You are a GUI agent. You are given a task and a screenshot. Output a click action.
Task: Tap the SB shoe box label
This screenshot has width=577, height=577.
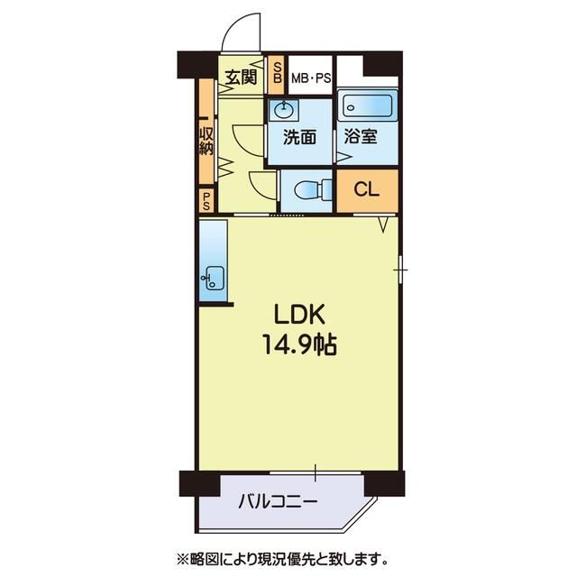coord(278,73)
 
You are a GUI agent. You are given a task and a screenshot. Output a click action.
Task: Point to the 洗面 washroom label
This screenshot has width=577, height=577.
coord(299,138)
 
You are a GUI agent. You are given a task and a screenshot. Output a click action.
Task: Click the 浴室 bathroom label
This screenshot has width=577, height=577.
coord(361,138)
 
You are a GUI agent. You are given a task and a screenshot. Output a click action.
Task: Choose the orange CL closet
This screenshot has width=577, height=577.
coord(366,190)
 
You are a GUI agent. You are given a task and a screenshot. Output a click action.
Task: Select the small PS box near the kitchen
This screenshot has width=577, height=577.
coord(206,200)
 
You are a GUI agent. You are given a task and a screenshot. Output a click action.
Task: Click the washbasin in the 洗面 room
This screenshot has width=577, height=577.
coord(285,110)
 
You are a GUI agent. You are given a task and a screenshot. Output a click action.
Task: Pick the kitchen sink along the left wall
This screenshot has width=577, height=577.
coord(213,276)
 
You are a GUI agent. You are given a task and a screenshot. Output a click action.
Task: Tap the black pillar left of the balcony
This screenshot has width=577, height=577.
coord(190,485)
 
